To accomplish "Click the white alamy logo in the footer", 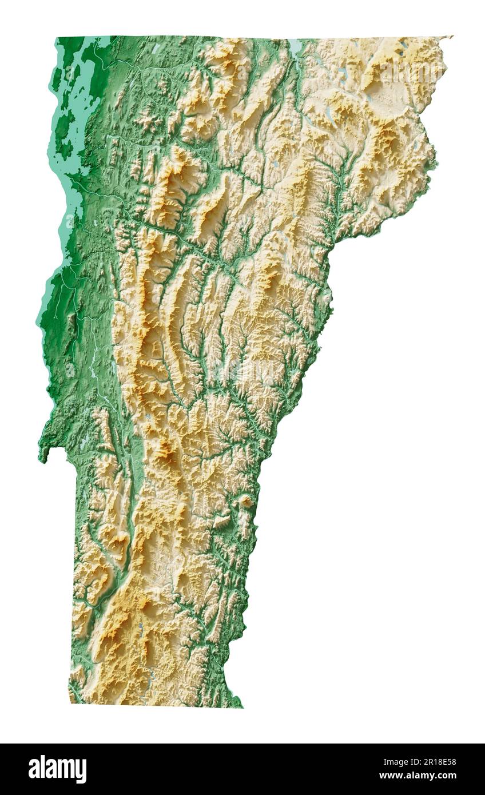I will tap(57, 769).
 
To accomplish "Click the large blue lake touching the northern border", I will tap(295, 46).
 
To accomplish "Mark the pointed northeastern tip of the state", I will tap(451, 37).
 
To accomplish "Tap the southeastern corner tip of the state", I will tap(241, 706).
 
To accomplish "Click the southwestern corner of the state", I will tap(70, 701).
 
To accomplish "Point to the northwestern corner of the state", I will tap(58, 39).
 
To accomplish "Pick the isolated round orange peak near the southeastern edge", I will tap(245, 502).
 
